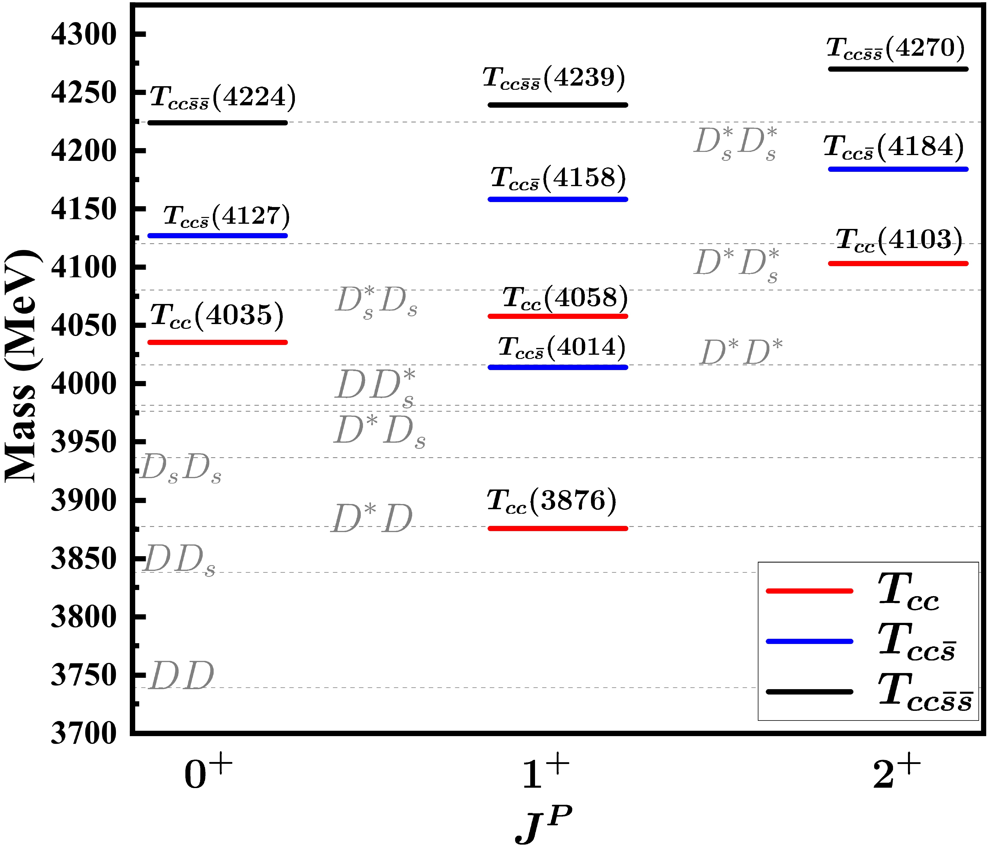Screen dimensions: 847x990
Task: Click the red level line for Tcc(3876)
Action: click(x=558, y=528)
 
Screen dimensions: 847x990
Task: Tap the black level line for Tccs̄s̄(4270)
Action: click(x=898, y=69)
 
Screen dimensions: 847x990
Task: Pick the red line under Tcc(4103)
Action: click(x=898, y=263)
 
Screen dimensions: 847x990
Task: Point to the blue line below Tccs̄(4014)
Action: click(x=558, y=367)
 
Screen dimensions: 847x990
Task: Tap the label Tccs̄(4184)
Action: click(x=893, y=147)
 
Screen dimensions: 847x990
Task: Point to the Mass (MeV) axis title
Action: click(x=22, y=365)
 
